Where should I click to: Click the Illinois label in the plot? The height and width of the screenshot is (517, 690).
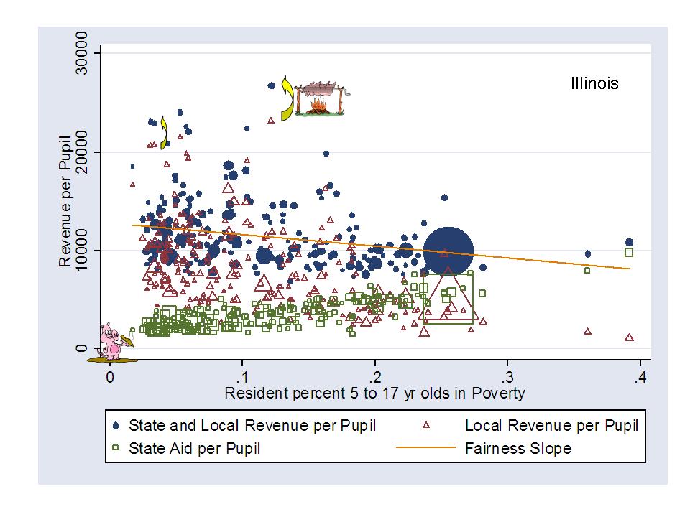point(594,83)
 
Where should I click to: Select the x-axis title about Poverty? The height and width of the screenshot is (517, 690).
point(374,393)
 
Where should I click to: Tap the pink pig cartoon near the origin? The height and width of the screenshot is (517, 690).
point(112,342)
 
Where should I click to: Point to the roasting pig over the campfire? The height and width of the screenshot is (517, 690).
point(321,91)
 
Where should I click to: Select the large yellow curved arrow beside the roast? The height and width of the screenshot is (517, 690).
point(288,98)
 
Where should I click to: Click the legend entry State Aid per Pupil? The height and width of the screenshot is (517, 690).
point(194,449)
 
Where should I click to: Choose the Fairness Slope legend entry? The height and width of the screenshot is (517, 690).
point(518,449)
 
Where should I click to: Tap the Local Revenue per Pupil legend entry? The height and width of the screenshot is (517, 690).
point(551,425)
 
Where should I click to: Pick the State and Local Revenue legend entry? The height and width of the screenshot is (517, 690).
point(252,425)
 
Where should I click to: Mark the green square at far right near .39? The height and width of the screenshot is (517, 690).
point(629,252)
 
